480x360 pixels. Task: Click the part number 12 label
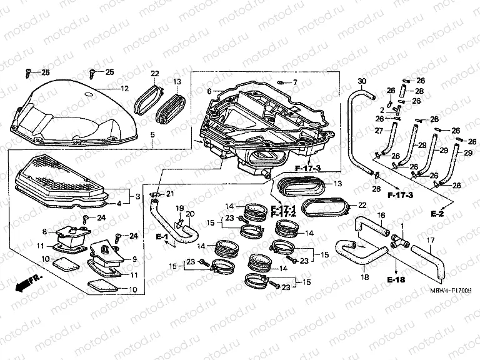(125, 88)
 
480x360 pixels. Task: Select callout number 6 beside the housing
(192, 91)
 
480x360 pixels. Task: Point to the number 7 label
(295, 82)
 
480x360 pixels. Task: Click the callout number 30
(361, 82)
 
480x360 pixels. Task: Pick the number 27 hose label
(378, 131)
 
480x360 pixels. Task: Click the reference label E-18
(396, 279)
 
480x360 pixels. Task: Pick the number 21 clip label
(170, 194)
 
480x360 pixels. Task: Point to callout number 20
(191, 214)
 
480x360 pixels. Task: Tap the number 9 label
(134, 259)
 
